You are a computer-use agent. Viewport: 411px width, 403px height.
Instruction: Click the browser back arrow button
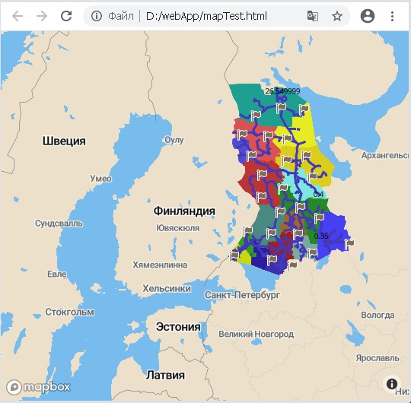point(17,15)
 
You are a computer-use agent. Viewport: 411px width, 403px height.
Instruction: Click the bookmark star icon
point(337,15)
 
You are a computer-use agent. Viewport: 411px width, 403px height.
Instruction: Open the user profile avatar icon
point(368,15)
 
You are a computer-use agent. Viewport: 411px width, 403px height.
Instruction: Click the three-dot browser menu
point(393,15)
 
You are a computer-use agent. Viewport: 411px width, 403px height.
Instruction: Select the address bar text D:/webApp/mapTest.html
point(206,15)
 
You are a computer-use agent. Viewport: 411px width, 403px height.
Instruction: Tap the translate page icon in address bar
point(313,15)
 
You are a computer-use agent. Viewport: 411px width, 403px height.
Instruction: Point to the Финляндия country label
point(184,211)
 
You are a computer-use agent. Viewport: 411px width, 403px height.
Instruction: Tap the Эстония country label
point(177,327)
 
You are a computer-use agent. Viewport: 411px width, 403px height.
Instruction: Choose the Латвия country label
point(165,376)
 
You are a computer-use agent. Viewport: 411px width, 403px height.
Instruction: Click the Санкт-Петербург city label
point(243,294)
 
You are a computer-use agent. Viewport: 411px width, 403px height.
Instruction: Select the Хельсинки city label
point(167,288)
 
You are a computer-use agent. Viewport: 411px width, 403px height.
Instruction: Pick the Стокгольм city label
point(69,312)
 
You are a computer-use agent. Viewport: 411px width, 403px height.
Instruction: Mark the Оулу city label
point(174,140)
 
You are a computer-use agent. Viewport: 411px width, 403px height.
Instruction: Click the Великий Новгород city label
point(255,334)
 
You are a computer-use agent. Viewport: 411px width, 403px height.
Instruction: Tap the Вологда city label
point(378,315)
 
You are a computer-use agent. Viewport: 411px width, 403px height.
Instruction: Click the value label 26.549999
point(282,91)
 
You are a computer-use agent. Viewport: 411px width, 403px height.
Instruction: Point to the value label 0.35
point(321,236)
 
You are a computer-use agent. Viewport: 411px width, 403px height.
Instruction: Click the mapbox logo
point(38,386)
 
